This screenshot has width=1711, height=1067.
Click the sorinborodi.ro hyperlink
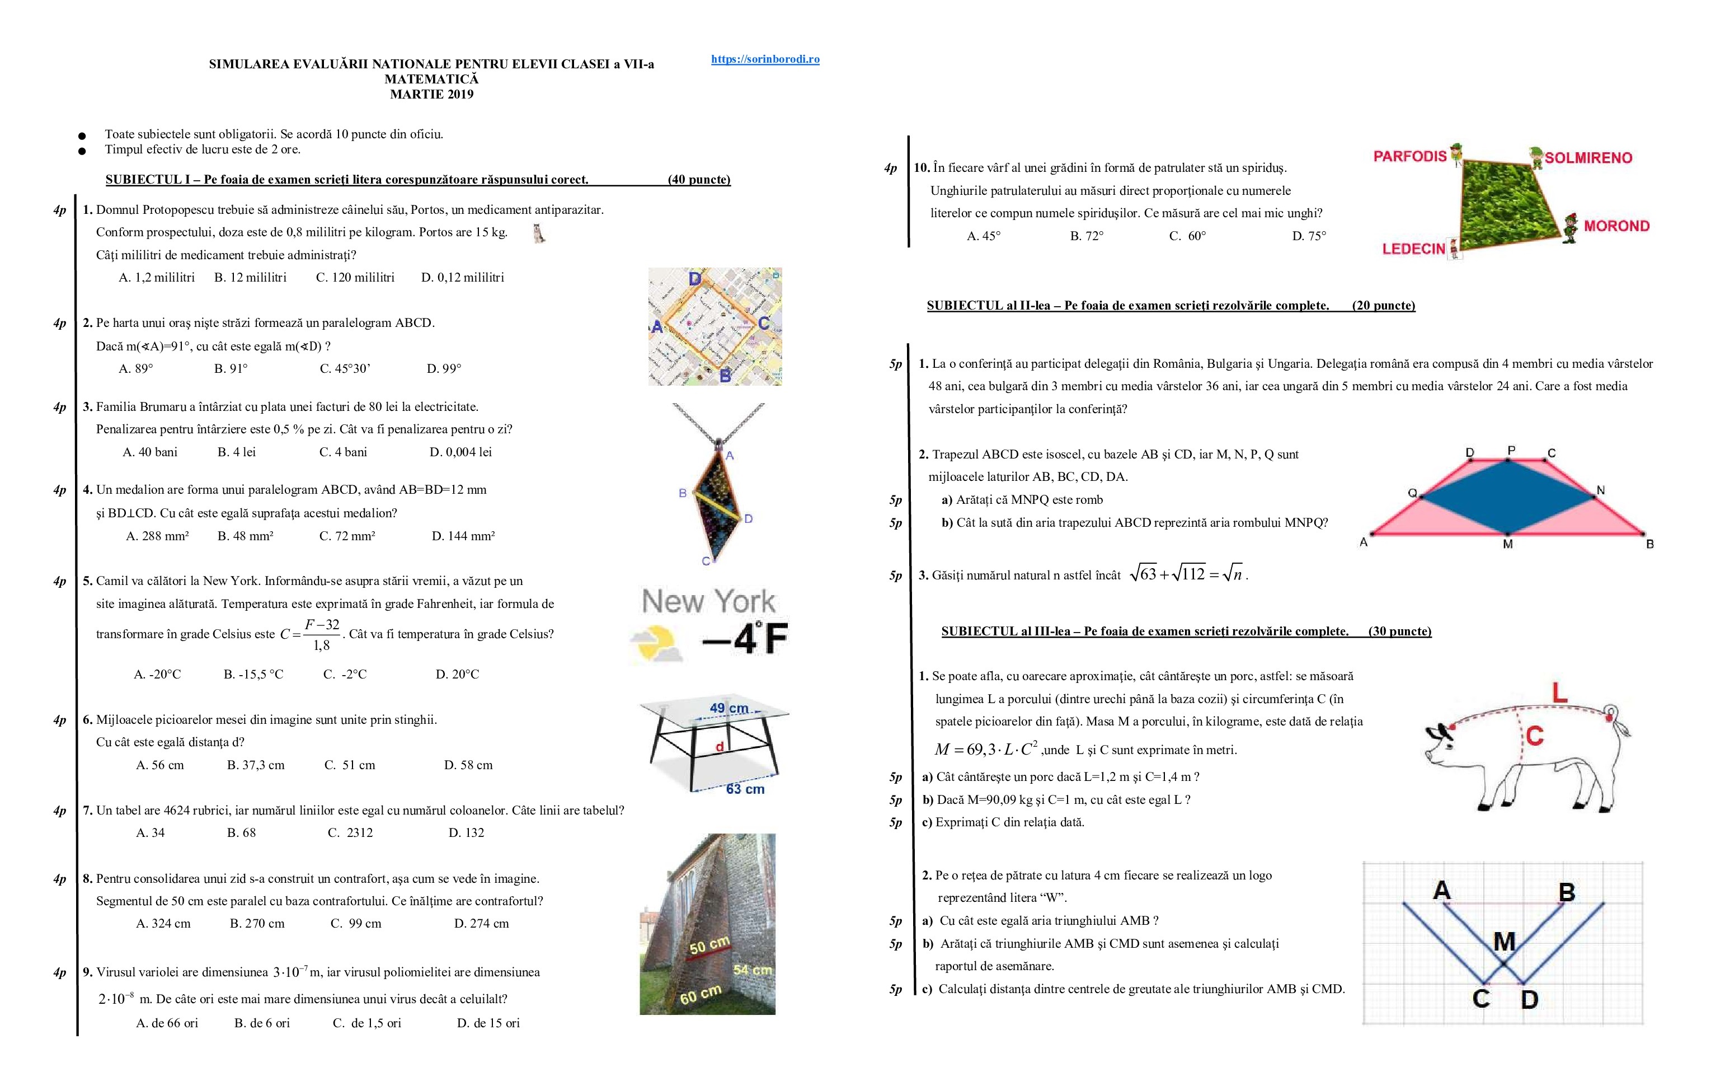coord(765,59)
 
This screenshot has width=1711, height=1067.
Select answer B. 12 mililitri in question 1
coord(250,277)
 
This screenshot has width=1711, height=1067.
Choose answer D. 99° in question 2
coord(444,368)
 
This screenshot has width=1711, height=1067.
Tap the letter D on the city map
coord(695,279)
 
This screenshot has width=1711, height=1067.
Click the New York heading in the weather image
coord(708,601)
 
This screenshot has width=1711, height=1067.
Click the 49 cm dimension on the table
coord(728,708)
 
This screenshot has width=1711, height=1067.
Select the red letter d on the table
coord(720,747)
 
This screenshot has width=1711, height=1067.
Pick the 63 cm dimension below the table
coord(745,789)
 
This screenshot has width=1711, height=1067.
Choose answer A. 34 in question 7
coord(150,832)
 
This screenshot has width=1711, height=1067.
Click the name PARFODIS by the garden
coord(1410,156)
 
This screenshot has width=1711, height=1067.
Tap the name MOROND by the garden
coord(1616,226)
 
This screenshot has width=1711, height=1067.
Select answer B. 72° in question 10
coord(1087,236)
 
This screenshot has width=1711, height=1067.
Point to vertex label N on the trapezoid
coord(1601,490)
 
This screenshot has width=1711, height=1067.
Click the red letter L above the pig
coord(1560,692)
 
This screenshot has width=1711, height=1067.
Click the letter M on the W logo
coord(1505,942)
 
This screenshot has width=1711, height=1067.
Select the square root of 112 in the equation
coord(1188,574)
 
